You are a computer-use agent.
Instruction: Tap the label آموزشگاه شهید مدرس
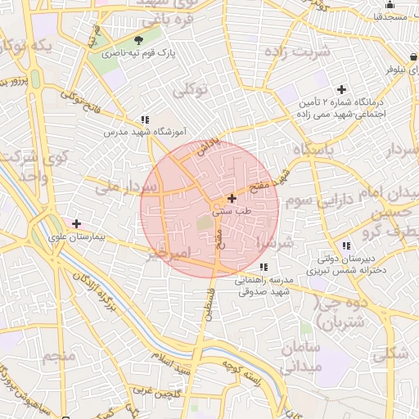(145, 131)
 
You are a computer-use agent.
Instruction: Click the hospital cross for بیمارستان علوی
(77, 223)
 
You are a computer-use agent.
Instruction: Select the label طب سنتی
(232, 211)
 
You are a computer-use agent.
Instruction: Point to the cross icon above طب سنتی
(232, 198)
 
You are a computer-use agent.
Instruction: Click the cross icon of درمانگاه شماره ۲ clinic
(341, 88)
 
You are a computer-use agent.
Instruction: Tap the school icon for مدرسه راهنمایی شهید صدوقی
(263, 267)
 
